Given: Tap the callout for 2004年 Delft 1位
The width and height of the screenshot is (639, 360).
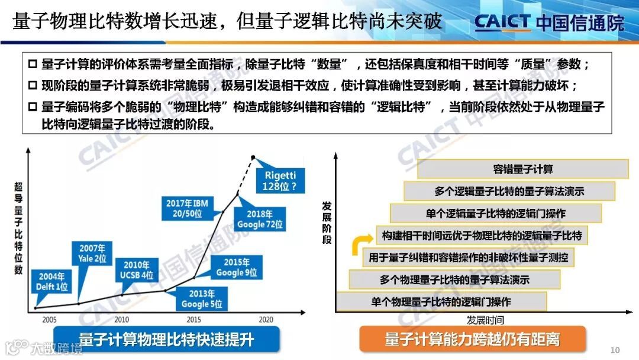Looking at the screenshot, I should coord(53,281).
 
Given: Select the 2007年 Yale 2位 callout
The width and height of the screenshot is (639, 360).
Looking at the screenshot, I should coord(92,253).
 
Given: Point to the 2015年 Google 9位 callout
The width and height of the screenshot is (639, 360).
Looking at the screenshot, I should coord(236,267).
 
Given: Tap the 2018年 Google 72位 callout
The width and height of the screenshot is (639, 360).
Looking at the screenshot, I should coord(260,219).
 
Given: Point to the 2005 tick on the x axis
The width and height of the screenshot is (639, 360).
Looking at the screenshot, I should coord(50,319).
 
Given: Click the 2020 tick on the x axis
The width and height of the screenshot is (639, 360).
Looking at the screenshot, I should coord(266,319).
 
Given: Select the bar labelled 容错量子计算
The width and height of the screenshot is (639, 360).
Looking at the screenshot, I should coord(522,169).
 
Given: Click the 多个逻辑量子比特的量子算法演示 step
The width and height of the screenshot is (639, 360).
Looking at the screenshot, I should coord(509,191).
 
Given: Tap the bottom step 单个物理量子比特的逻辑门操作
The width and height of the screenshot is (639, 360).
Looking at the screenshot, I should coord(441,301).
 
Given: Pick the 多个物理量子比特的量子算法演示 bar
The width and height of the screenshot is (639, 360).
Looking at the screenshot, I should coord(454,279).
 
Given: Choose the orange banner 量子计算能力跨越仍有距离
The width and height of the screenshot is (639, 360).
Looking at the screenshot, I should coord(472,339).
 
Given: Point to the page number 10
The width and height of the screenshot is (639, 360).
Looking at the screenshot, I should coord(614,348).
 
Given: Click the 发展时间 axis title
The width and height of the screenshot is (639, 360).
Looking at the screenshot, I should coord(485,320).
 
